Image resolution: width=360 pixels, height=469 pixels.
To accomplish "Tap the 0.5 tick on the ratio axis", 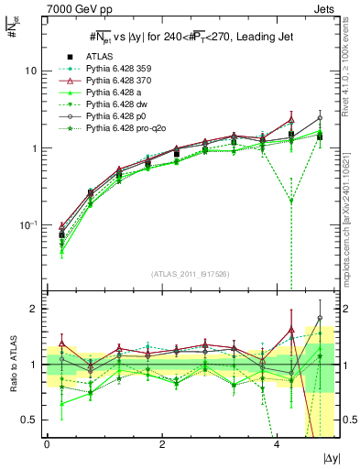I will point(30,420).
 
